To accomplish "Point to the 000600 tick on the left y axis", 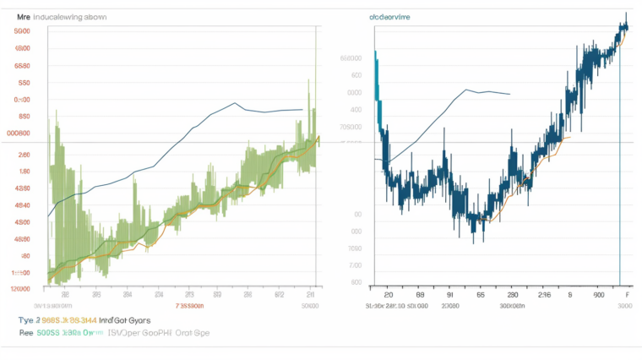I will coord(19,133).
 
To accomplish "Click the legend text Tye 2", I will coord(28,320).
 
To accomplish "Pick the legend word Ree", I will coord(26,333).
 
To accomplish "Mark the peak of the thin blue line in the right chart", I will coord(466,89).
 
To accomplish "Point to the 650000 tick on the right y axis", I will coord(351,58).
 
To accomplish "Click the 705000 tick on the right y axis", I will coord(351,126).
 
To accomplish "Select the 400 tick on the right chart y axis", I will coord(356,109).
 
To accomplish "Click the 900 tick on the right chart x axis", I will coord(598,296).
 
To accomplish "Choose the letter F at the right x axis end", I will coord(626,296).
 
